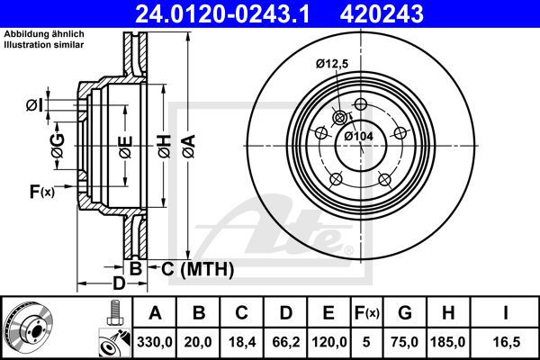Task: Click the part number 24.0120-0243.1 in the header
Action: tap(222, 14)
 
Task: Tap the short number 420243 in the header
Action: tap(382, 14)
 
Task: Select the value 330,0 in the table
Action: tap(155, 342)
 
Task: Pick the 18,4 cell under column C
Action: tap(242, 342)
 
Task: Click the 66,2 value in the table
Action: tap(286, 342)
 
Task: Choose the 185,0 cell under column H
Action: tap(447, 342)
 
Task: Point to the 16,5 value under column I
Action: tap(506, 342)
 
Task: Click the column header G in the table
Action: tap(405, 313)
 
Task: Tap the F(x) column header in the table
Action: tap(366, 313)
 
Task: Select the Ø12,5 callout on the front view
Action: tap(332, 64)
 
